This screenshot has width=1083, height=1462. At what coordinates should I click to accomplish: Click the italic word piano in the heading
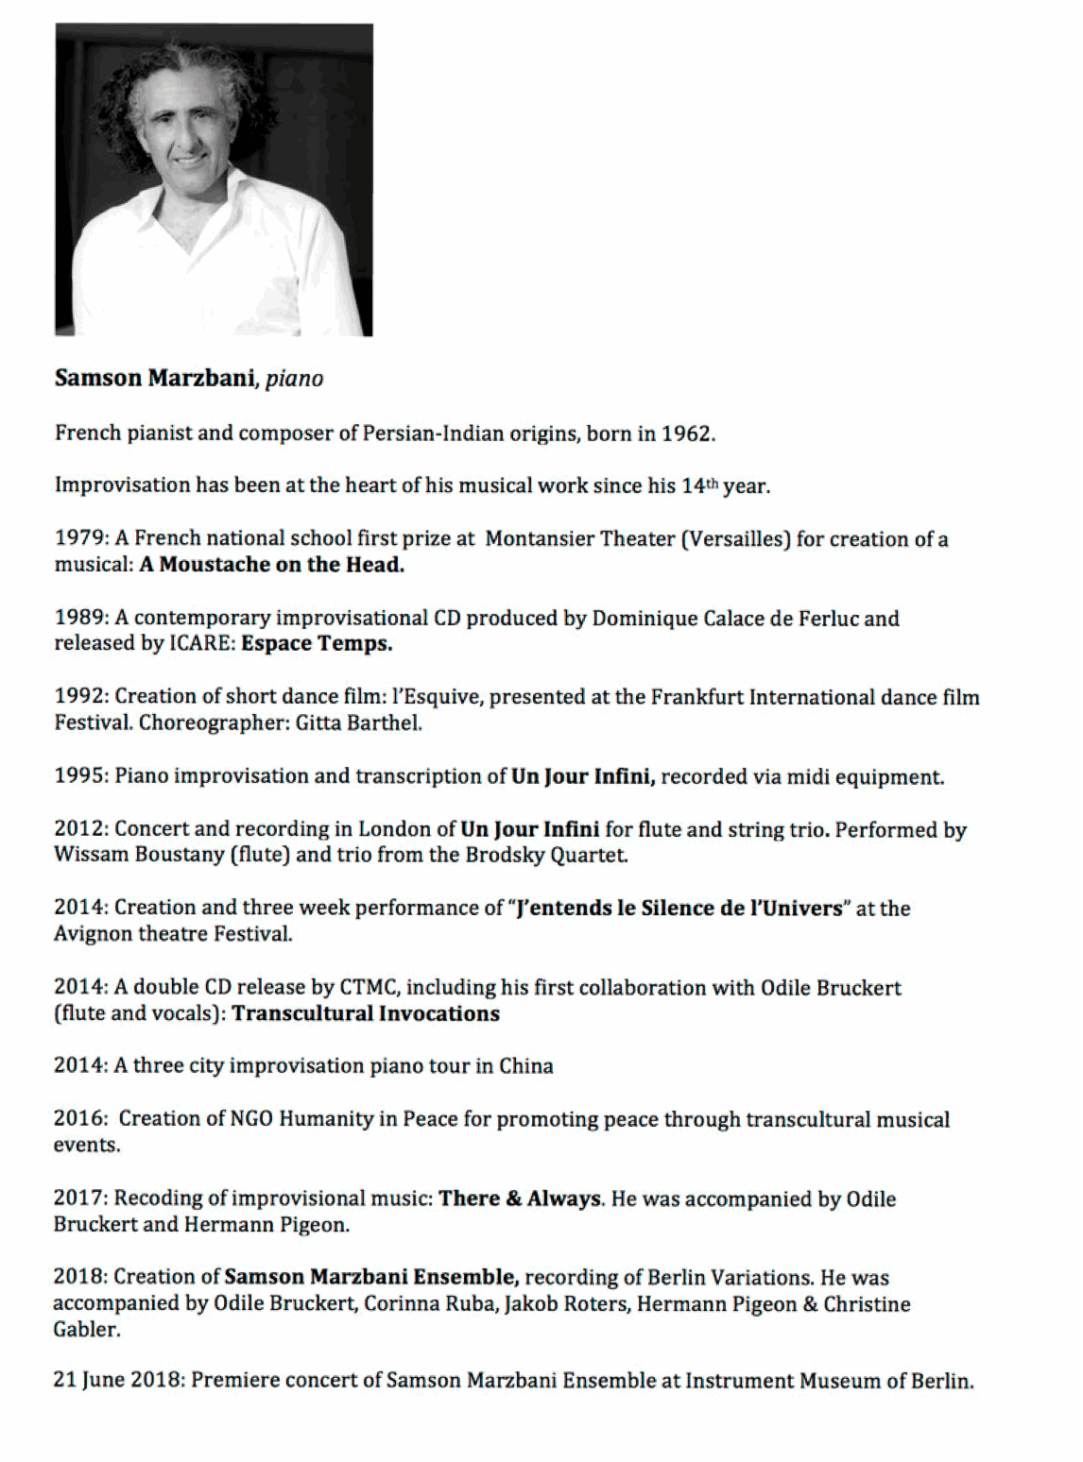(x=294, y=380)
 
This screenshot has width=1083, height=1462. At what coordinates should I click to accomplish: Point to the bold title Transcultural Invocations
(x=366, y=1014)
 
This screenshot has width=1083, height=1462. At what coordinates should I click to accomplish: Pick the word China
(x=526, y=1066)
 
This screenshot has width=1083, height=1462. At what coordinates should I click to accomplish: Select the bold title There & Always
(x=520, y=1198)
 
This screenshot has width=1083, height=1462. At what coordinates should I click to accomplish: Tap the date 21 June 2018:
(x=119, y=1381)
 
